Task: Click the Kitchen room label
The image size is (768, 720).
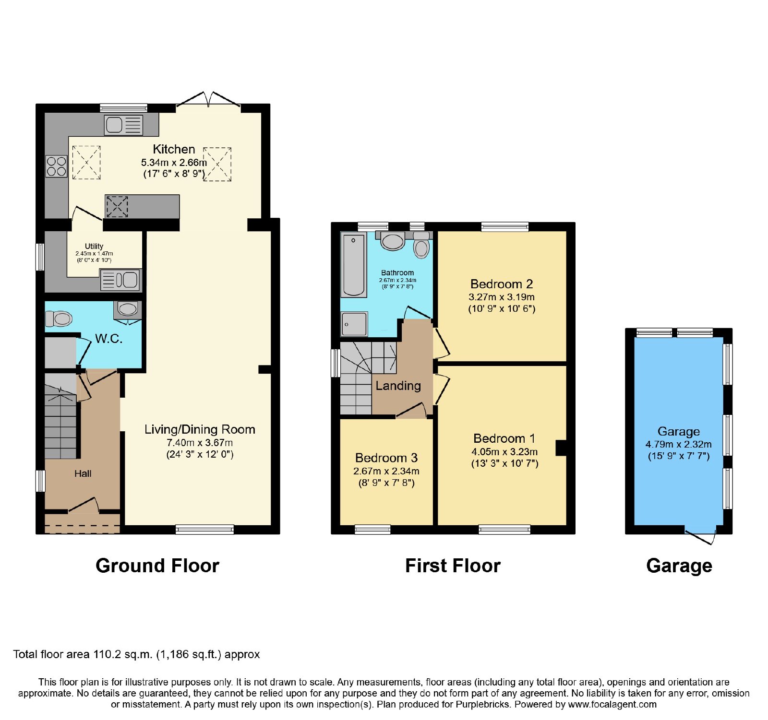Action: click(174, 149)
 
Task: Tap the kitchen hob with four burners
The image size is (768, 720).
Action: click(57, 166)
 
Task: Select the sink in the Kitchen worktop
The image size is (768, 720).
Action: click(124, 125)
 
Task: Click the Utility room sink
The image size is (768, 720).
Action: click(120, 280)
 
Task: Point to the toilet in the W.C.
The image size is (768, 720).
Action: click(59, 318)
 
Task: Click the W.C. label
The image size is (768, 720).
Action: click(109, 339)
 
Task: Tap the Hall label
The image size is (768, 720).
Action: click(83, 474)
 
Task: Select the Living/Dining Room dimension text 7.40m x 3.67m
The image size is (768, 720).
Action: click(200, 443)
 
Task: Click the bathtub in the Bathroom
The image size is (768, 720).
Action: click(354, 265)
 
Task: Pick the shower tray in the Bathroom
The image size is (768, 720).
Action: click(354, 324)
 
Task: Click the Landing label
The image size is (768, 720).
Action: click(398, 386)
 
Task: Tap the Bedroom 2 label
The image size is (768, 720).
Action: click(502, 284)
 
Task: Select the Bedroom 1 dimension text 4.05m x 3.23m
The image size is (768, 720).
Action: click(504, 452)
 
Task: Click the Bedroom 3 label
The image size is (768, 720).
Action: click(386, 458)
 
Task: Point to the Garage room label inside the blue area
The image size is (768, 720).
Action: click(679, 431)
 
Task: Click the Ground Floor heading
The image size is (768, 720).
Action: click(157, 566)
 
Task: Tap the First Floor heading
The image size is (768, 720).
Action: click(453, 566)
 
